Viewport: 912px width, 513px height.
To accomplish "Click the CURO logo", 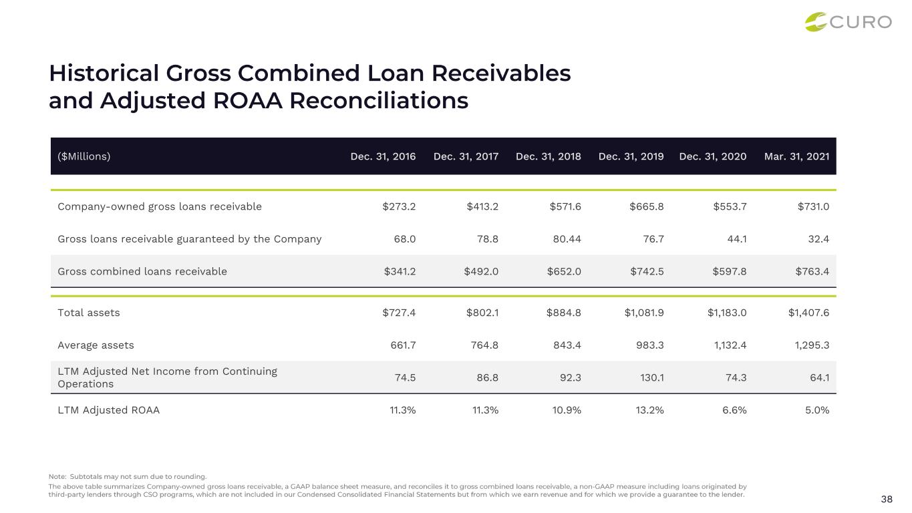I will (848, 22).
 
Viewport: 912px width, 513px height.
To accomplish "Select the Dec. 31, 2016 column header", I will (383, 156).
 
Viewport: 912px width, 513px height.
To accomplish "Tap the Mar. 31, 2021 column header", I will (797, 156).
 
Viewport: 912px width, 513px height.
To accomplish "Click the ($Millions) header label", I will (84, 156).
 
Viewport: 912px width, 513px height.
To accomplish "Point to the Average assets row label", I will (96, 345).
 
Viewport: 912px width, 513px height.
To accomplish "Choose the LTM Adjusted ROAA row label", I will (109, 410).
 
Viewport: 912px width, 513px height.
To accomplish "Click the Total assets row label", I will (89, 312).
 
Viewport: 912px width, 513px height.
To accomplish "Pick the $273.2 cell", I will (399, 206).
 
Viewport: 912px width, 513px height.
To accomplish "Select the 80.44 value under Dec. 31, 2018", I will (565, 238).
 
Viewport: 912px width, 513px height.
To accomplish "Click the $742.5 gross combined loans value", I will (647, 271).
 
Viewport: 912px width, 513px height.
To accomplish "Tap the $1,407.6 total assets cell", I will (808, 312).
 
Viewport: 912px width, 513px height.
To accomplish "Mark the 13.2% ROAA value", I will (648, 410).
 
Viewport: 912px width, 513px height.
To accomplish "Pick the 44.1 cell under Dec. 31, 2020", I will (736, 238).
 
